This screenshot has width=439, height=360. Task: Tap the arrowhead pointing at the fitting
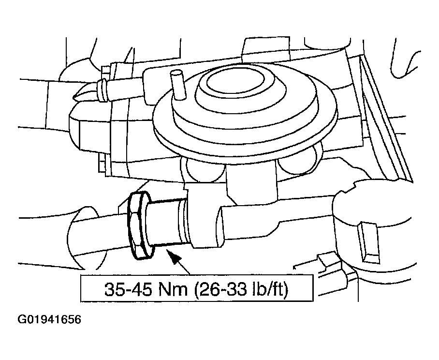click(173, 257)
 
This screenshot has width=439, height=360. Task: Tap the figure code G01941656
click(49, 320)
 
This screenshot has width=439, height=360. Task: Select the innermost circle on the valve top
click(236, 81)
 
